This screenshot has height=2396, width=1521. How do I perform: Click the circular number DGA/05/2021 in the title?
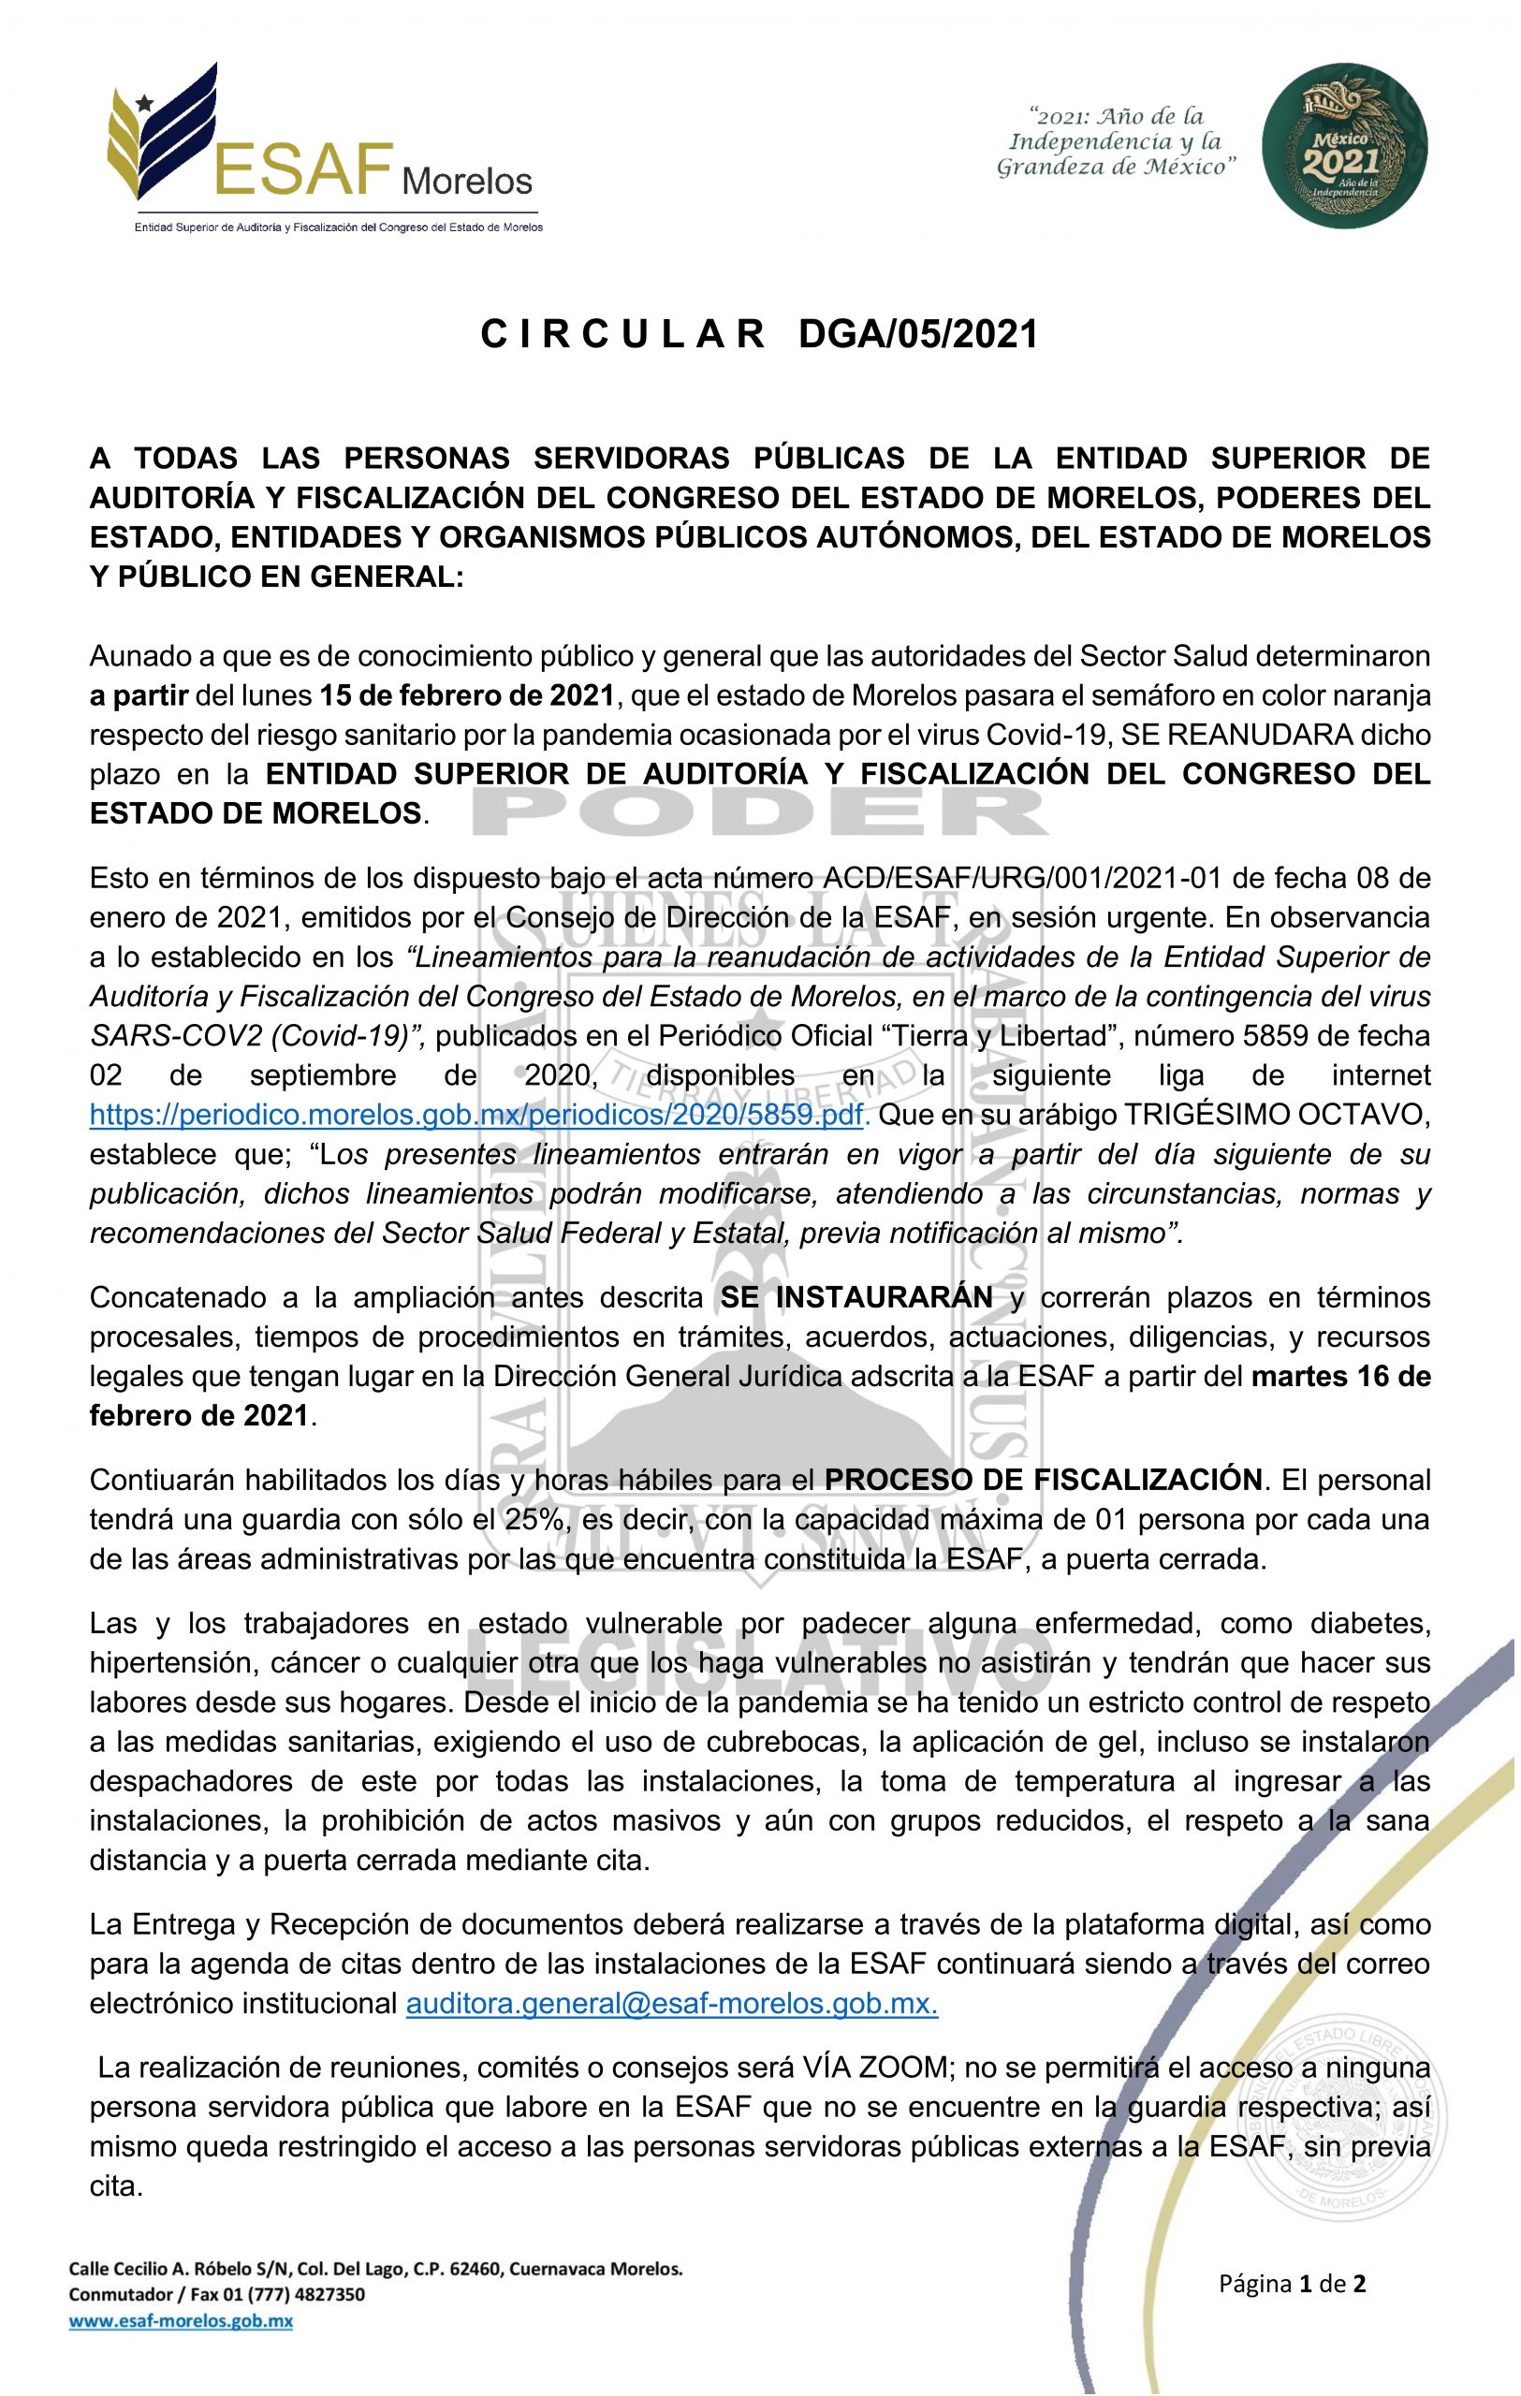pyautogui.click(x=917, y=335)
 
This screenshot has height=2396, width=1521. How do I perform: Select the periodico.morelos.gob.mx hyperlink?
pyautogui.click(x=478, y=1115)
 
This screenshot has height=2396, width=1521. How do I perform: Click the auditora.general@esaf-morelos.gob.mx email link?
pyautogui.click(x=672, y=2003)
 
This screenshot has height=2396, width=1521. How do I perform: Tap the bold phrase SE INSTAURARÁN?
pyautogui.click(x=856, y=1297)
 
